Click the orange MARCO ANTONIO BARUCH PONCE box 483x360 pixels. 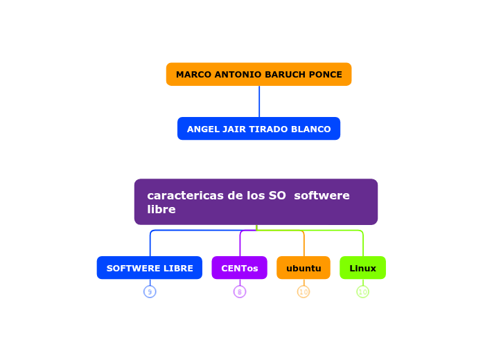(258, 74)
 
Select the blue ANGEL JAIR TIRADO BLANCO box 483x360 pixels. (258, 129)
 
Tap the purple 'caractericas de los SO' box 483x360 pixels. (256, 201)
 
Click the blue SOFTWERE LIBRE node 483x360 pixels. (150, 268)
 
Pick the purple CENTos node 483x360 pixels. (239, 268)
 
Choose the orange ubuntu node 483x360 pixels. (304, 268)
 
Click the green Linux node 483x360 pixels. (362, 268)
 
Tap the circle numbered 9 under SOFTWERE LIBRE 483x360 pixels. (150, 292)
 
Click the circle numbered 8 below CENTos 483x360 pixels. (240, 292)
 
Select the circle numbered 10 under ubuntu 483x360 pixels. (304, 292)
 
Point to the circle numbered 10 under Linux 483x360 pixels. (362, 292)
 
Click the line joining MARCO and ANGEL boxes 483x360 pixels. (259, 101)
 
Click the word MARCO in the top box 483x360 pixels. (193, 75)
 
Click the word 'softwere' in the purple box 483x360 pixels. (322, 196)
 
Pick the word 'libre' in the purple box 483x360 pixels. (161, 210)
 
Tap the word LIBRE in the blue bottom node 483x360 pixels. (176, 269)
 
